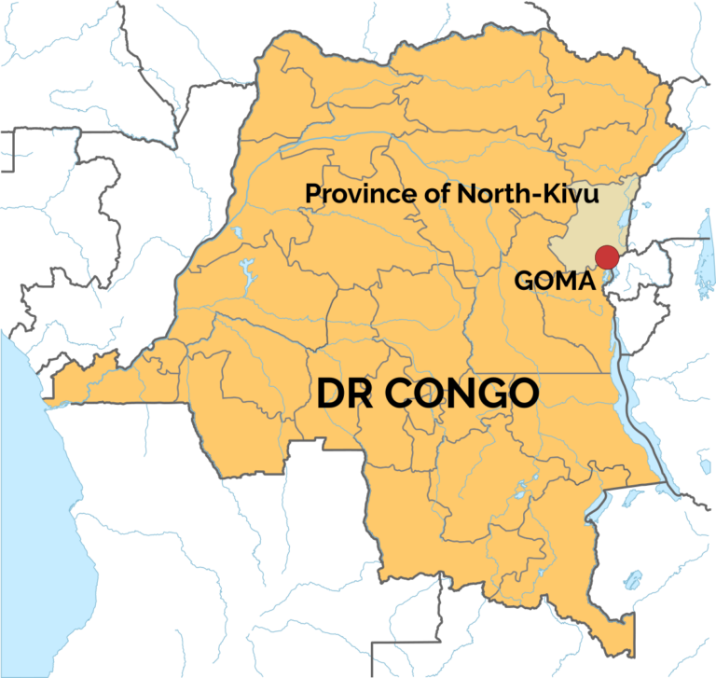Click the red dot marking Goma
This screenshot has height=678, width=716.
point(607,256)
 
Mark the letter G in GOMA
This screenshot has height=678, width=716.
point(524,280)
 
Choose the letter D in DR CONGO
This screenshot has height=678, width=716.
point(330,394)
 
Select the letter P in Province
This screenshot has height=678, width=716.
point(313,194)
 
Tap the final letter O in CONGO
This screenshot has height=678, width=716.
point(523,394)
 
